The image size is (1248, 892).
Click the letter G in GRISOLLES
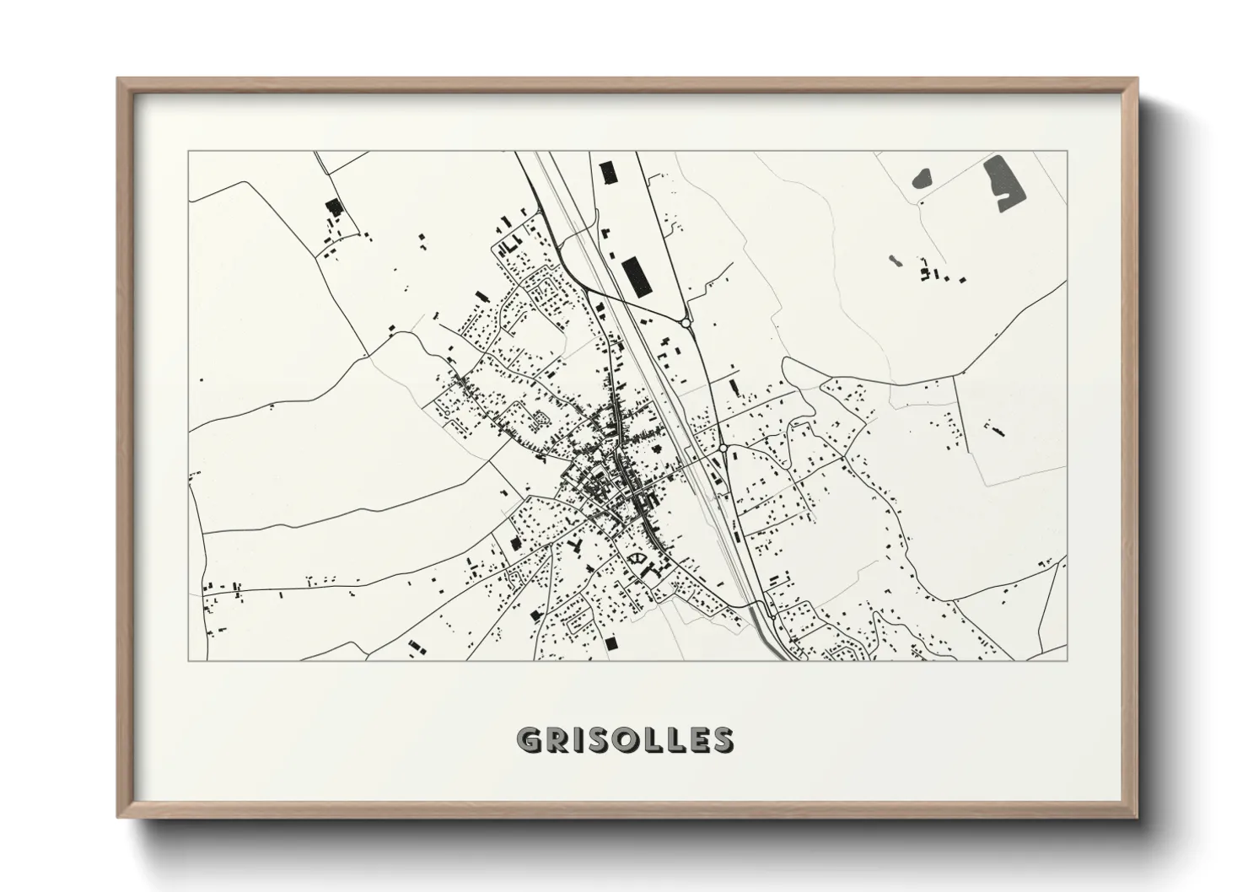530,739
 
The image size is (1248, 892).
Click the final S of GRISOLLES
722,739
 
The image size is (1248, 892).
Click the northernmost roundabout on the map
686,322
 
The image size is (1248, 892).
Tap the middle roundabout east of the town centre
723,449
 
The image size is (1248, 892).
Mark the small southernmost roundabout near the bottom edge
773,615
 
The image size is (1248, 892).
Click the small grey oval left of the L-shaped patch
922,178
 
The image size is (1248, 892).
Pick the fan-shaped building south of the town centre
637,557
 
